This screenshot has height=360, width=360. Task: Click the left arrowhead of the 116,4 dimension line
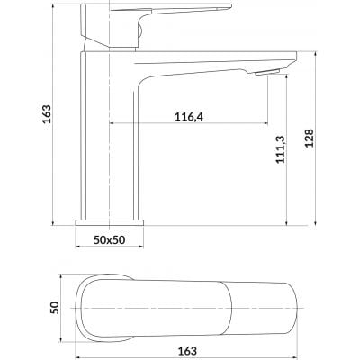pyautogui.click(x=113, y=123)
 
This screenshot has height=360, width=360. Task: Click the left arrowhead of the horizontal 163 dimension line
pyautogui.click(x=76, y=342)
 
